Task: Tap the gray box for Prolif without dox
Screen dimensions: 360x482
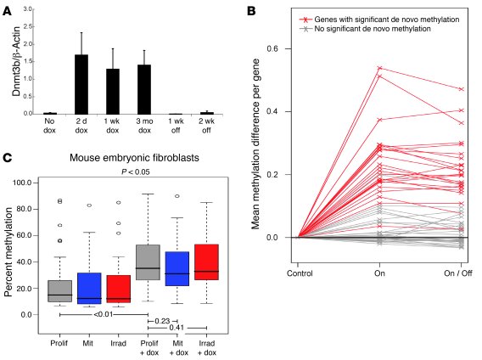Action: point(59,290)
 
